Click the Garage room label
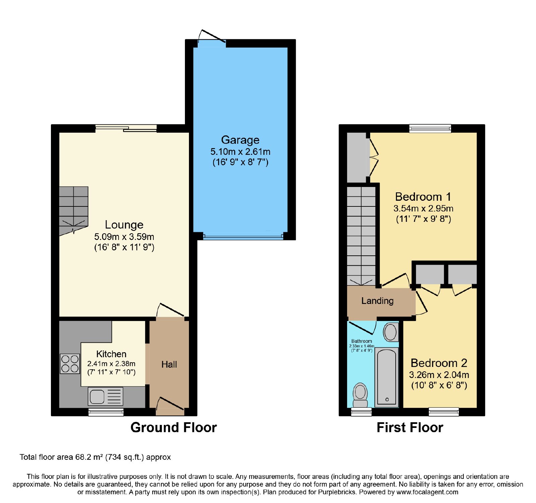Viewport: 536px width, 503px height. click(240, 140)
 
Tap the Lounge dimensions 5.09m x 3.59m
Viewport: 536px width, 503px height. click(124, 237)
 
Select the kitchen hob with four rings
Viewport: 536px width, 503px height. click(70, 364)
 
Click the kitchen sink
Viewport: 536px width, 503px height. click(106, 396)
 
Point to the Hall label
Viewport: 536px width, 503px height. click(169, 365)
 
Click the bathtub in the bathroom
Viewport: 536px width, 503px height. click(387, 377)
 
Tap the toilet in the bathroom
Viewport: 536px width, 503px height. click(360, 395)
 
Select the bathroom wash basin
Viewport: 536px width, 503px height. click(391, 332)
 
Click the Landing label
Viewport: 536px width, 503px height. click(378, 301)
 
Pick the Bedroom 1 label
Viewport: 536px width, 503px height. click(423, 197)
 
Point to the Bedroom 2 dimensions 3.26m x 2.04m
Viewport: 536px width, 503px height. click(439, 375)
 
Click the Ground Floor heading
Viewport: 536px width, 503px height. click(174, 428)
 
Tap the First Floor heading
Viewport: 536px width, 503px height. click(410, 428)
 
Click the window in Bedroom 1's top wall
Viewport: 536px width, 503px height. click(430, 128)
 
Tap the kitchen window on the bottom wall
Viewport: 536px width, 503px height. click(106, 412)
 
